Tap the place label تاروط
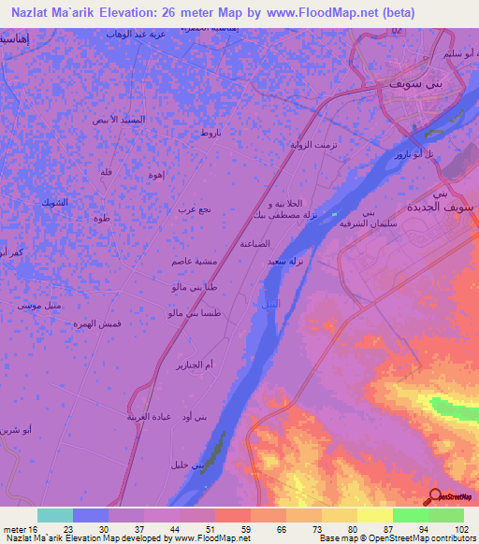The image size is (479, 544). click(x=210, y=135)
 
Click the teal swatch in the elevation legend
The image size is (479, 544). click(x=55, y=515)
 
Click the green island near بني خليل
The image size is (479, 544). click(x=215, y=449)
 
